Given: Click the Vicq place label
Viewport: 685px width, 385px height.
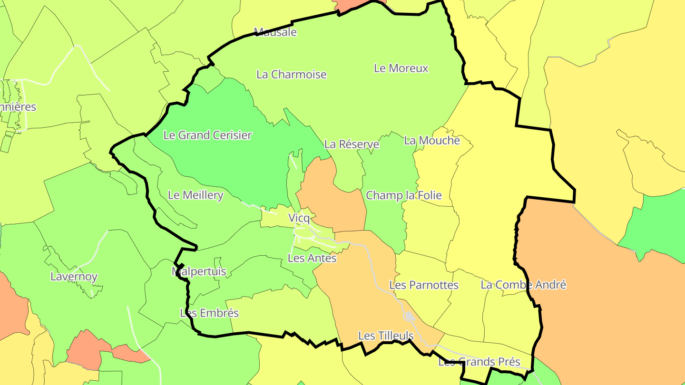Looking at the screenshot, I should pos(299,219).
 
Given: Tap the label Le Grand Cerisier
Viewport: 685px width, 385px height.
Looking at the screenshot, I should pos(207,135).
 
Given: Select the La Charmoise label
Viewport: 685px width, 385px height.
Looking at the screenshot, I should pos(292,75).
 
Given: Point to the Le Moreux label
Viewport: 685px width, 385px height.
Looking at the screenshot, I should pos(401,68).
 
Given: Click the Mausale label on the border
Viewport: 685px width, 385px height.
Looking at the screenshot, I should pos(275,32).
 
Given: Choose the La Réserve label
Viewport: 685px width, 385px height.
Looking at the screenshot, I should pos(352,144).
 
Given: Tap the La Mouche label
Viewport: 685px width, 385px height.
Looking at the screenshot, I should pos(432,141).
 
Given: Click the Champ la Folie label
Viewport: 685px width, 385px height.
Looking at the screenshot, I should pos(404,195).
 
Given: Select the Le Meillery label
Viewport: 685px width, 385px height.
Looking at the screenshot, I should pos(196,195).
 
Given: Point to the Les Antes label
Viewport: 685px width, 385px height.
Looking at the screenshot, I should pos(312,259).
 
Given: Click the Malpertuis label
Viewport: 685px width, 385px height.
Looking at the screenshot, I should pos(199,272).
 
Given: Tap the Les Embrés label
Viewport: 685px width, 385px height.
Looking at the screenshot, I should pos(209,313).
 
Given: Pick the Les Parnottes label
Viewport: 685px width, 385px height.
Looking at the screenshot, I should pos(424,285).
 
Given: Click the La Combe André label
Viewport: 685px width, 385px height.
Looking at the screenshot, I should pos(523,285).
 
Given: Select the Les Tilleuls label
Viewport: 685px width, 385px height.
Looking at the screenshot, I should pos(386,336).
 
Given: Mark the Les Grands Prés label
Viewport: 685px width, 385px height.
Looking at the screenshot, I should pos(479,362).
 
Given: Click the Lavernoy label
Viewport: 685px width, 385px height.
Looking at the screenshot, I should pos(74,277).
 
